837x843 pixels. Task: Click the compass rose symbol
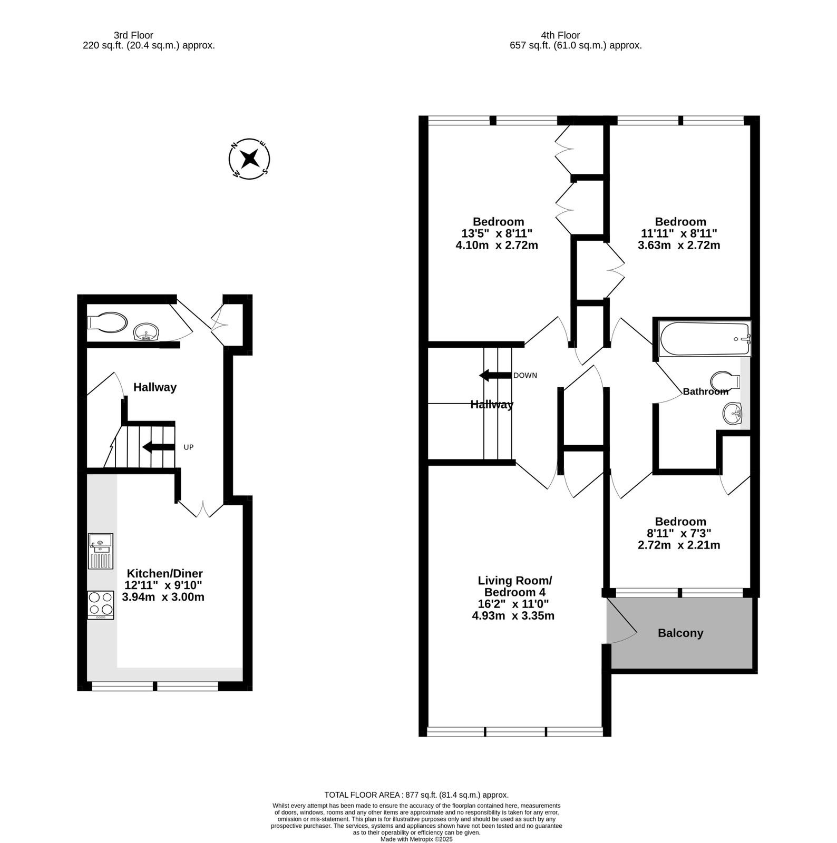pyautogui.click(x=249, y=158)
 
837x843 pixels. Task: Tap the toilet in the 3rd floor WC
pyautogui.click(x=108, y=322)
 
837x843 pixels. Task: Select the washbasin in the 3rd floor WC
pyautogui.click(x=147, y=332)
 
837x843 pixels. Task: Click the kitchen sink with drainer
pyautogui.click(x=100, y=551)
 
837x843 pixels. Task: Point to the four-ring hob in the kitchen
pyautogui.click(x=101, y=604)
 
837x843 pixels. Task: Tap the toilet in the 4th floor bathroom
pyautogui.click(x=725, y=380)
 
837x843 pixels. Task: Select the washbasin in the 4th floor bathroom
pyautogui.click(x=732, y=414)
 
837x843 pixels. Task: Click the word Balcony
pyautogui.click(x=680, y=633)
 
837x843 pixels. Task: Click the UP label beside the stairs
pyautogui.click(x=189, y=447)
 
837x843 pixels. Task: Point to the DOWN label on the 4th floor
pyautogui.click(x=525, y=376)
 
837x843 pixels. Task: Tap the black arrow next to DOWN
pyautogui.click(x=495, y=376)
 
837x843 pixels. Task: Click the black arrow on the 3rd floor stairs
pyautogui.click(x=159, y=447)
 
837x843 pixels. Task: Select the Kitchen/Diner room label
pyautogui.click(x=165, y=573)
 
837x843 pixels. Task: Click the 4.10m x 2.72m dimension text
pyautogui.click(x=497, y=245)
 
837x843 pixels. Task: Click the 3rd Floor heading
pyautogui.click(x=133, y=35)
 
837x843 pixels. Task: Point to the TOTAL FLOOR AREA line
pyautogui.click(x=416, y=795)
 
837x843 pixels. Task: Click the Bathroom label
pyautogui.click(x=706, y=391)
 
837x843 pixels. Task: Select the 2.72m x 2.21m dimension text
pyautogui.click(x=679, y=545)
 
